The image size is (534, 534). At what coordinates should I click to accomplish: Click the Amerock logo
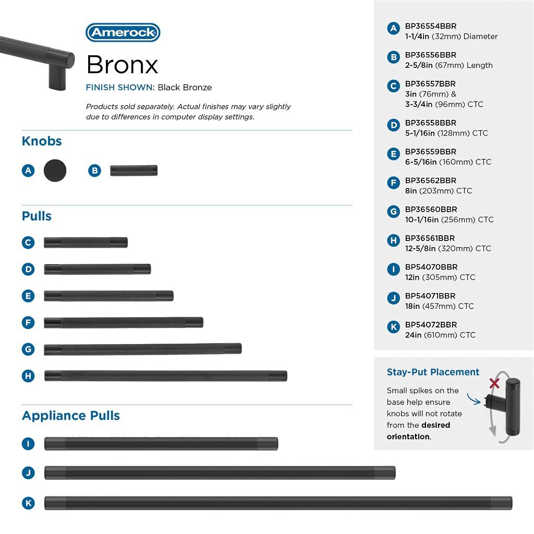(123, 32)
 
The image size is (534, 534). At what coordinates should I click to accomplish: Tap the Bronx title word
(122, 65)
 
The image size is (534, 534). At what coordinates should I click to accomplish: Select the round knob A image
(55, 171)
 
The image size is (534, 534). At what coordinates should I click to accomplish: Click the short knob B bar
(133, 171)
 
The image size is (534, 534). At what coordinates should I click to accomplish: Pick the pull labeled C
(86, 242)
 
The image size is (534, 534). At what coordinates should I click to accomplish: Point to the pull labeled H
(166, 375)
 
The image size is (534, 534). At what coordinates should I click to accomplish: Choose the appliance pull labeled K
(278, 503)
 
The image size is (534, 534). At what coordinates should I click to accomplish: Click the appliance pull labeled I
(161, 444)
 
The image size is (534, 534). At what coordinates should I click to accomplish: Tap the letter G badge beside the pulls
(28, 349)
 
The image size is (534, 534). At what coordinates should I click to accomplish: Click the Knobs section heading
(42, 141)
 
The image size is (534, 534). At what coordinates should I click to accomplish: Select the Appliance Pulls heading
(71, 416)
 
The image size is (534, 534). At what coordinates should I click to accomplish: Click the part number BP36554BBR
(431, 26)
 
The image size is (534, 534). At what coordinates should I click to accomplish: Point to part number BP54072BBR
(431, 324)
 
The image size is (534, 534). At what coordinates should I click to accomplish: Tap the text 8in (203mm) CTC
(439, 191)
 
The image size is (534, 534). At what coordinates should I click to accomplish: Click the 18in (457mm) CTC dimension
(440, 306)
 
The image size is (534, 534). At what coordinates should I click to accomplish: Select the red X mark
(494, 384)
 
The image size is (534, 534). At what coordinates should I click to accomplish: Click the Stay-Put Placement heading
(433, 372)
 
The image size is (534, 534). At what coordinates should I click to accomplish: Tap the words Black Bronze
(185, 88)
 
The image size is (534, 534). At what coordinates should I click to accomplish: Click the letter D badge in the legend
(394, 125)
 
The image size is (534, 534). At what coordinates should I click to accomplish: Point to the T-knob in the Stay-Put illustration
(508, 406)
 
